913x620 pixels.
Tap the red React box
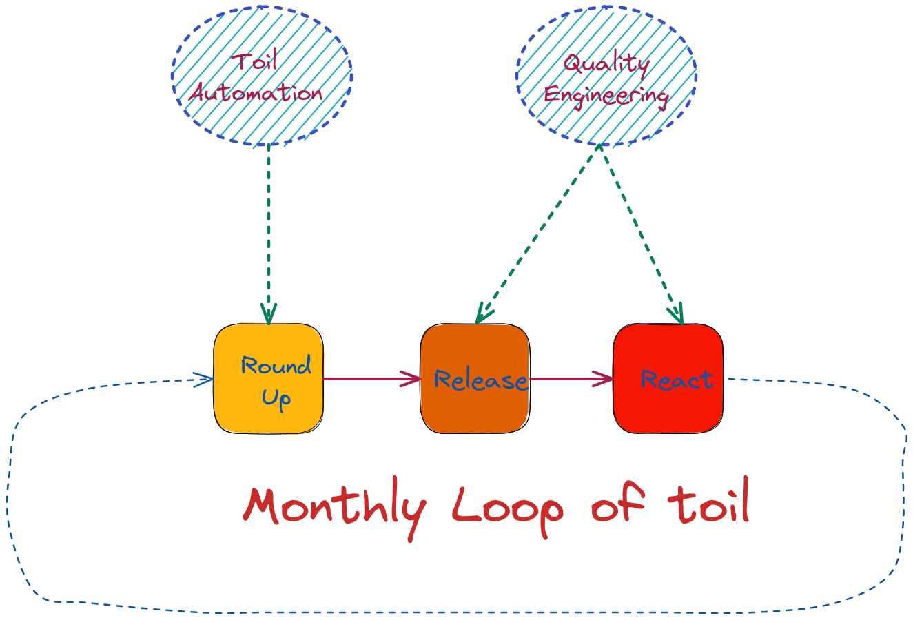coord(668,406)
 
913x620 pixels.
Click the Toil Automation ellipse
coord(262,76)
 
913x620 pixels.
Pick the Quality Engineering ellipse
coord(606,76)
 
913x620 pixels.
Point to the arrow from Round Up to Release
coord(372,378)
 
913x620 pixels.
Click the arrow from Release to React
coord(572,378)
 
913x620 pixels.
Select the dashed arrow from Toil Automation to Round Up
coord(268,227)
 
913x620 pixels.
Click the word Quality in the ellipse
coord(606,64)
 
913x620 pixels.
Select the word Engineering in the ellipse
coord(606,95)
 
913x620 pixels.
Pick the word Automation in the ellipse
coord(256,93)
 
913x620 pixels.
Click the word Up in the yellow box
coord(276,399)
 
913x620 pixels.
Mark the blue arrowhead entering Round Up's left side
coord(205,379)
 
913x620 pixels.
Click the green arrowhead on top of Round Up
coord(268,314)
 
